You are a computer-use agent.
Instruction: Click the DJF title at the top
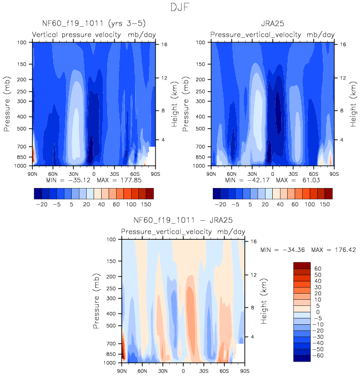point(180,8)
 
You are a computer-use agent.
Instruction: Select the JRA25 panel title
point(272,24)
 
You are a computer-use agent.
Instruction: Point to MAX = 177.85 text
point(126,181)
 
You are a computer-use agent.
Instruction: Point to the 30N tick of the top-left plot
point(73,173)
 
